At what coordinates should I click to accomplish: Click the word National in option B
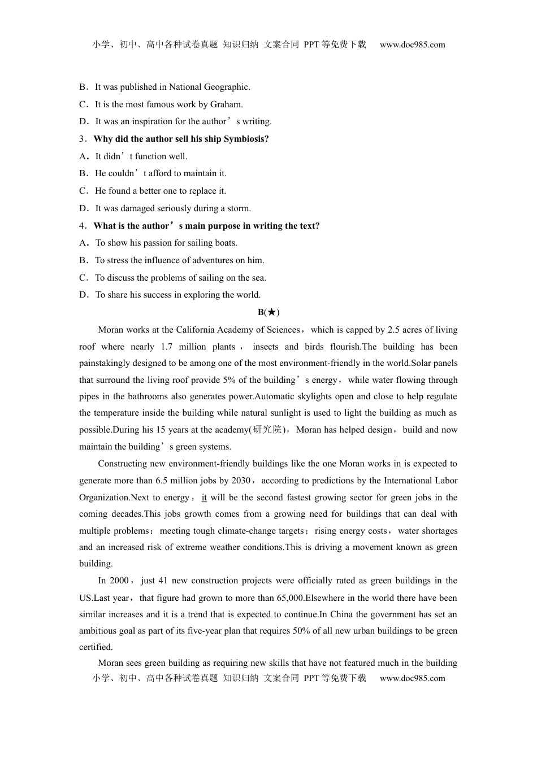pyautogui.click(x=184, y=87)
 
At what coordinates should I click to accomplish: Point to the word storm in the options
pyautogui.click(x=238, y=208)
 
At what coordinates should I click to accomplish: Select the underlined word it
pyautogui.click(x=204, y=498)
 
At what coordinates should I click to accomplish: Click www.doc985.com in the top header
pyautogui.click(x=412, y=45)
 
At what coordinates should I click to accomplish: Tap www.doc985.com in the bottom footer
pyautogui.click(x=412, y=678)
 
